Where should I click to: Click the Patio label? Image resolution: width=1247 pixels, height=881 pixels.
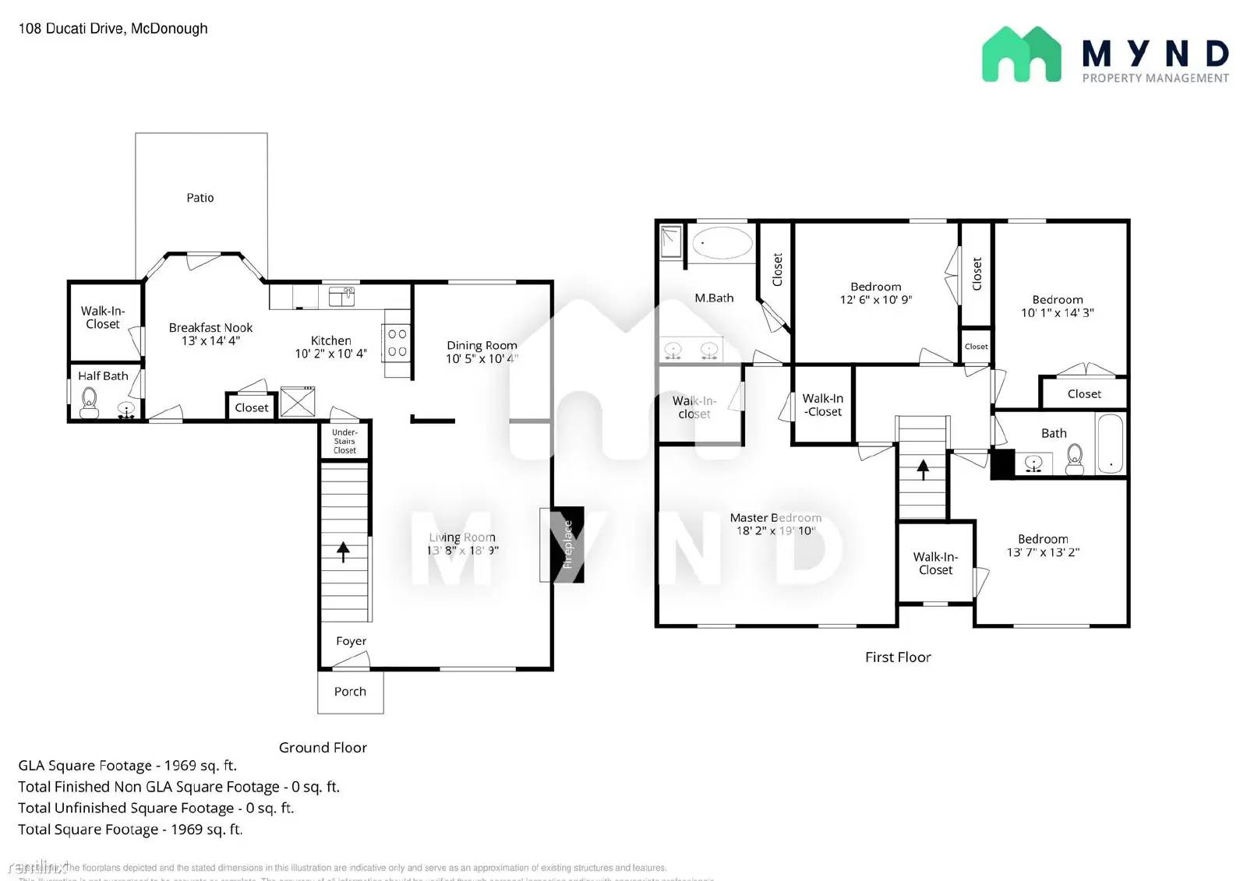(x=200, y=198)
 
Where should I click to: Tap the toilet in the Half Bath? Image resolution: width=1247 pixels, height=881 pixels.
(x=90, y=403)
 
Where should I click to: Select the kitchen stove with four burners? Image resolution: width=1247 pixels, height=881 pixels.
(x=397, y=343)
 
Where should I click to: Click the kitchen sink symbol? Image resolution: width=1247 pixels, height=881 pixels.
(x=341, y=296)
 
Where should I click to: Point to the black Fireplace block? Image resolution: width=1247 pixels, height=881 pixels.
(x=568, y=544)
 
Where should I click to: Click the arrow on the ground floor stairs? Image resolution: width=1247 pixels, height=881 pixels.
(x=343, y=551)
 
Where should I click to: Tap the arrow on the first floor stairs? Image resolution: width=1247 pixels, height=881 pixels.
(x=923, y=469)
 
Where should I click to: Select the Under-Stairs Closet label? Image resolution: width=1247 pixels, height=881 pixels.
(x=344, y=442)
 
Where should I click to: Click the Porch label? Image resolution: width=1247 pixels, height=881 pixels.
(x=350, y=692)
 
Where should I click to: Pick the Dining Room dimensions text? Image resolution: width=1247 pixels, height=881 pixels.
(x=481, y=359)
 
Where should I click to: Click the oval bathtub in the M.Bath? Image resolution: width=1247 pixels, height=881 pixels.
(x=722, y=243)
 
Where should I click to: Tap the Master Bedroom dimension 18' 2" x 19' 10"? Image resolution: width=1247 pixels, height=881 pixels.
(x=775, y=531)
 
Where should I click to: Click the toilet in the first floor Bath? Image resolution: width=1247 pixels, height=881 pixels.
(x=1075, y=458)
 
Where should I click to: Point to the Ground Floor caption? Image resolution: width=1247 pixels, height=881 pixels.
(x=323, y=748)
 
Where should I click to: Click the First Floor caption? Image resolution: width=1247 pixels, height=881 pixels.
(x=898, y=657)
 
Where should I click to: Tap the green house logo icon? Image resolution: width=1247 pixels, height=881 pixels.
(x=1021, y=55)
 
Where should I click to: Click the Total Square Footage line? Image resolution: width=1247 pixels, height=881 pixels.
(x=130, y=830)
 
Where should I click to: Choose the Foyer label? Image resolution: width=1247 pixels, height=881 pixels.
(x=351, y=641)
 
